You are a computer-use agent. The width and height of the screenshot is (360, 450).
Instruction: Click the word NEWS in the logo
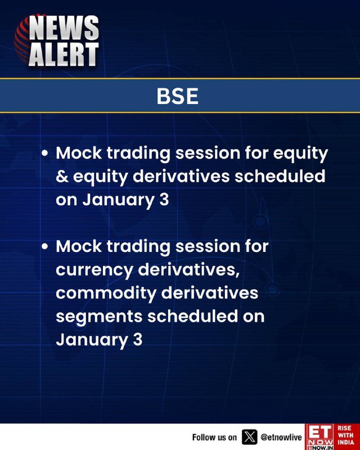64,28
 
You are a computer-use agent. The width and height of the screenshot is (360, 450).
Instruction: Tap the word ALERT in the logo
64,54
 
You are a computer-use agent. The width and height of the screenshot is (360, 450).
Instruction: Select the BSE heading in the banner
177,96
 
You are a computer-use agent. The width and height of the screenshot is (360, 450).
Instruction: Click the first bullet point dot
44,153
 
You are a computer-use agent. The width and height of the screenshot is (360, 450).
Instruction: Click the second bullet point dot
44,246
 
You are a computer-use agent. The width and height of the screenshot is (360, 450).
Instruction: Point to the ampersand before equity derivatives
62,176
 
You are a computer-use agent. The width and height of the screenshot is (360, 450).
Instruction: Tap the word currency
94,271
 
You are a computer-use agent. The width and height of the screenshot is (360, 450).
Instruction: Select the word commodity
106,294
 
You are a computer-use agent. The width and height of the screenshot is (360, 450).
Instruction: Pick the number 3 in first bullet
164,200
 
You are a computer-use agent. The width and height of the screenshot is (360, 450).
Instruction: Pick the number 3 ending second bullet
137,339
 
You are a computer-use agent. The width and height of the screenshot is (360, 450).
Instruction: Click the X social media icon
250,437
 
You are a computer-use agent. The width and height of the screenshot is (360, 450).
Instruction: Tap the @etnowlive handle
281,438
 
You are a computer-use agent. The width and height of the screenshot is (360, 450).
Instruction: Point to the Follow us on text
214,438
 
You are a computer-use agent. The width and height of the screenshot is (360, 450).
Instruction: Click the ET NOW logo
320,437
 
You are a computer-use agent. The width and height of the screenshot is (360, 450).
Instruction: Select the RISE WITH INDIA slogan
345,435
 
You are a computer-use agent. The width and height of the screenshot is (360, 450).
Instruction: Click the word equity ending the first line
300,154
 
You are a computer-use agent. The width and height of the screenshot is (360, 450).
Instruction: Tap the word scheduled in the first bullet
280,176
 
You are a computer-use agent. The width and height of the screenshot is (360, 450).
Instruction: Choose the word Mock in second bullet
79,246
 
